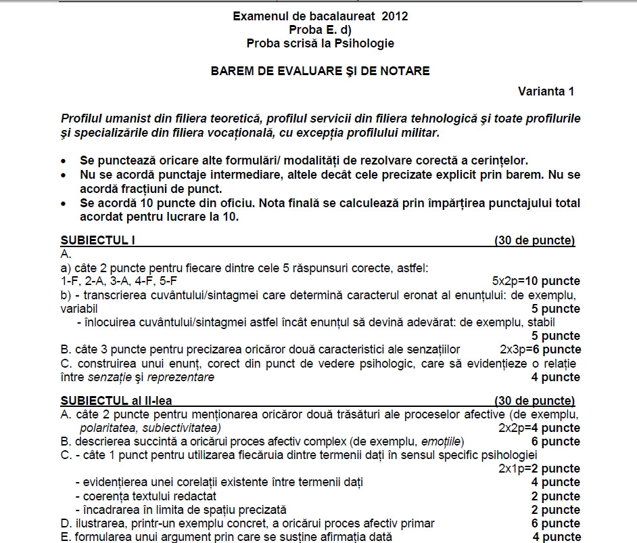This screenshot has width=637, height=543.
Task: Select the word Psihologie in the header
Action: (x=364, y=43)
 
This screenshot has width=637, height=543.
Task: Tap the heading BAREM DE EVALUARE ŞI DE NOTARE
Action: (x=320, y=70)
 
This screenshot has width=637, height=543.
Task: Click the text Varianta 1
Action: (x=546, y=91)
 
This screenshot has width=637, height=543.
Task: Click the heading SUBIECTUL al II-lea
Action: (x=116, y=401)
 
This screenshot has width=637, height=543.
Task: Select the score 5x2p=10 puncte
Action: (x=536, y=281)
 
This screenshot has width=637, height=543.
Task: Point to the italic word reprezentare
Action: (x=181, y=377)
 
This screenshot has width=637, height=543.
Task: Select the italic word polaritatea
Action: (x=108, y=428)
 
